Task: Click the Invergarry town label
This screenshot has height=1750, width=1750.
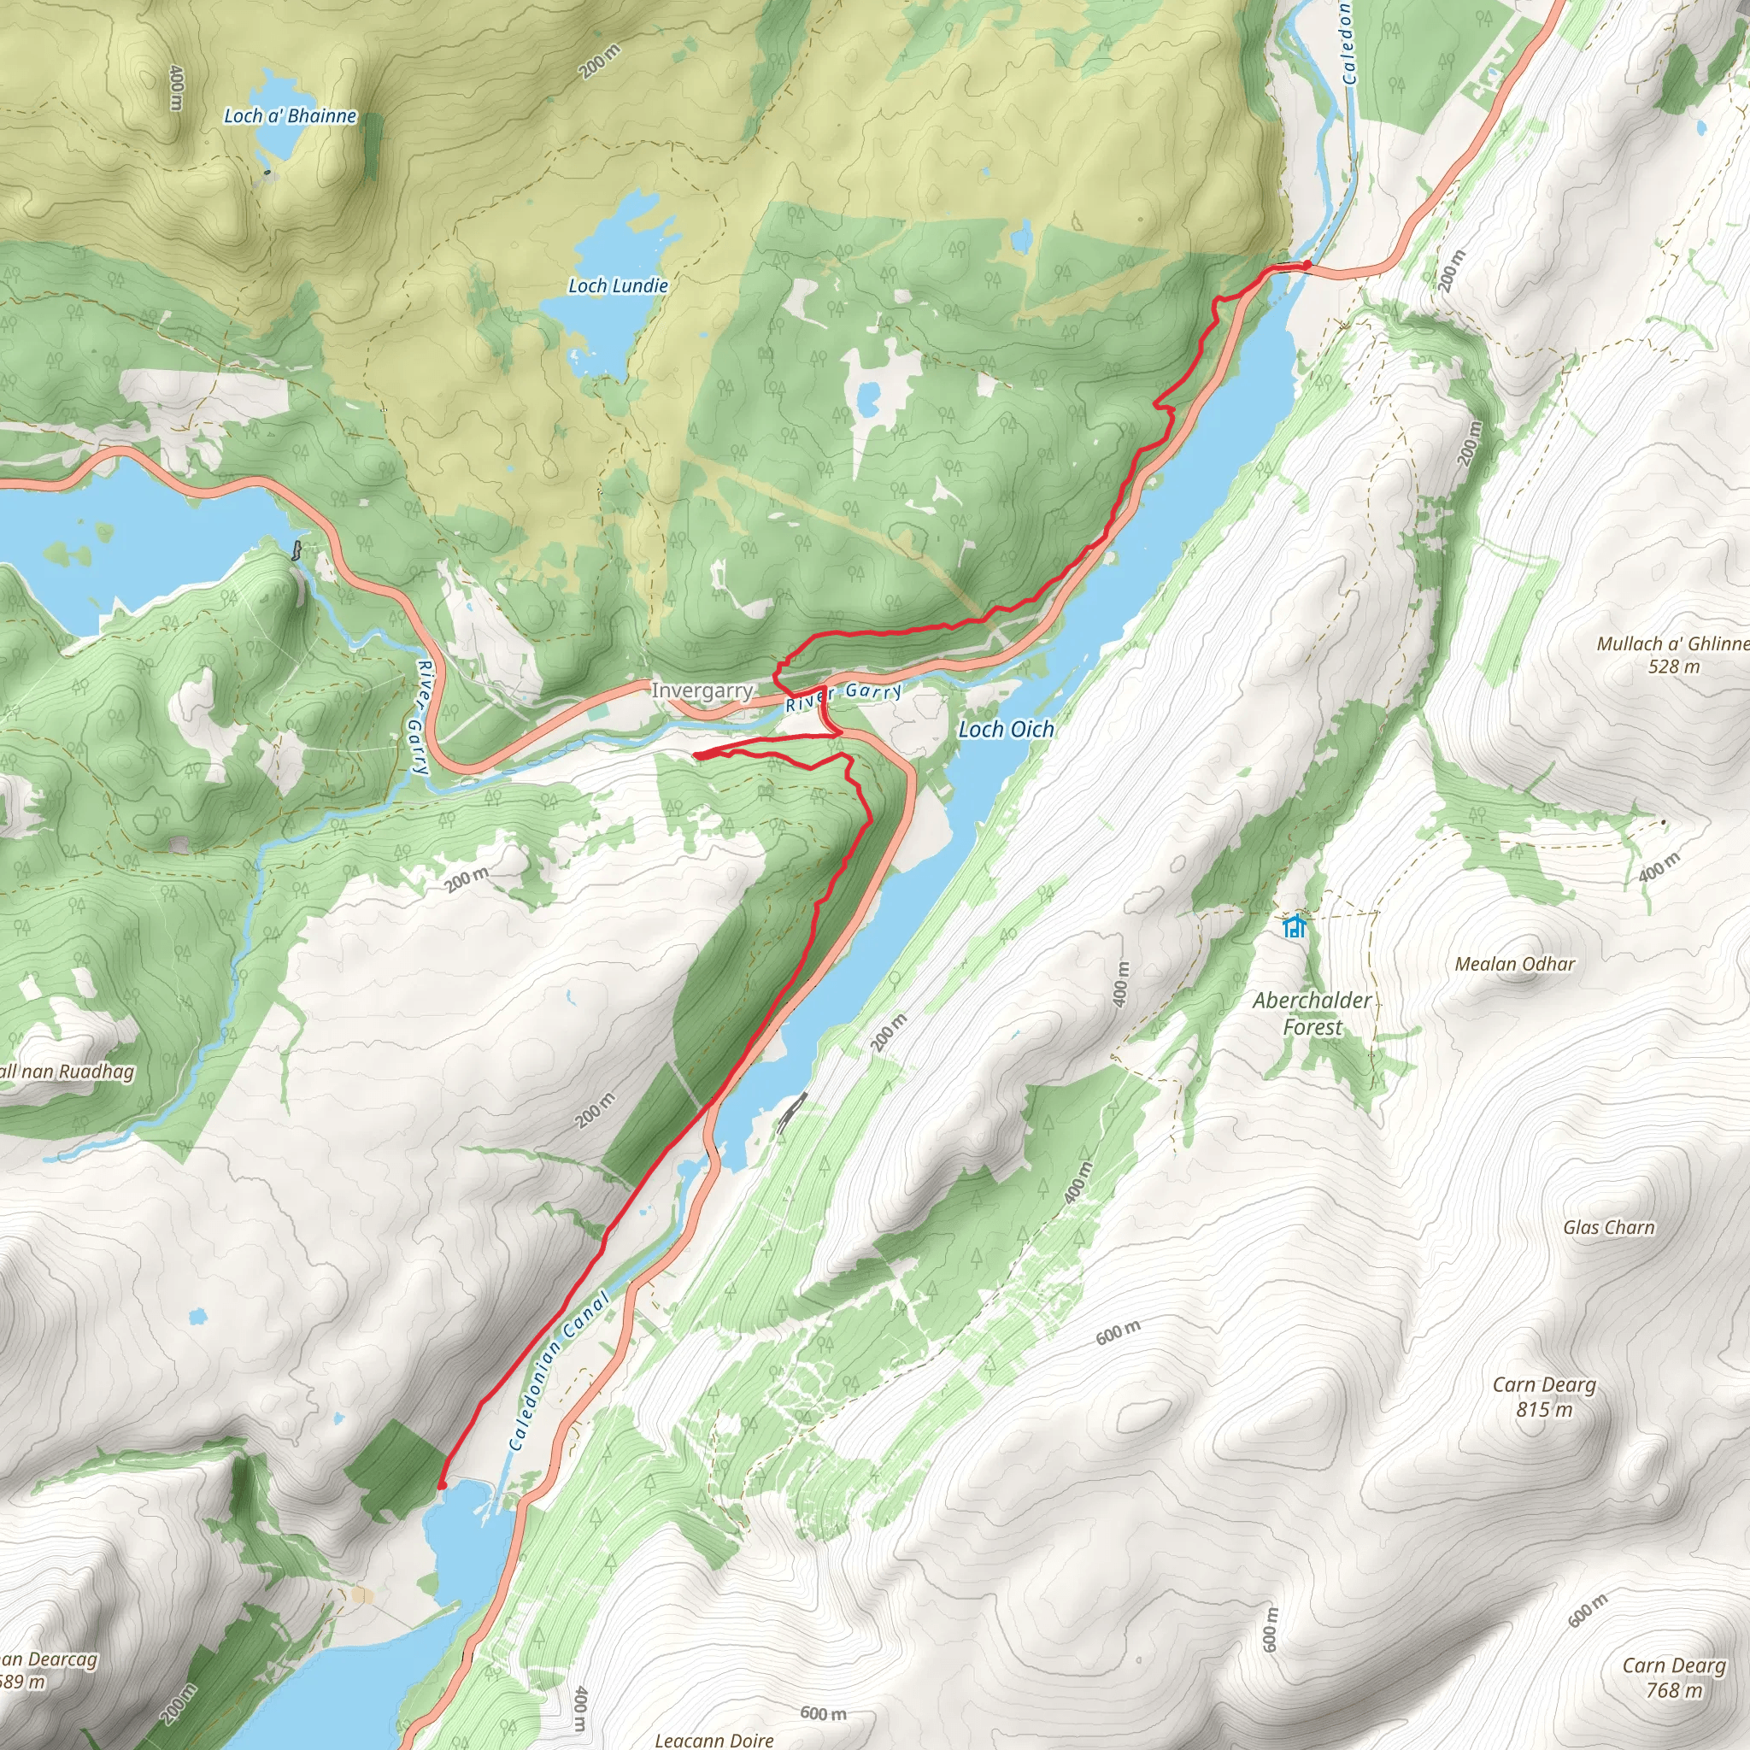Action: (702, 691)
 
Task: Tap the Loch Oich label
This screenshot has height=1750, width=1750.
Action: (1007, 729)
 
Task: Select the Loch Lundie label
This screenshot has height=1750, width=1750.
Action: (618, 286)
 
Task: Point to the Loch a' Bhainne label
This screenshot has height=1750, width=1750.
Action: (290, 116)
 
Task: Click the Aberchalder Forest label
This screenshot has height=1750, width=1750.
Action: (1312, 1013)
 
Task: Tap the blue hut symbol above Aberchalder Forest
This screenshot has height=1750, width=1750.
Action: (1295, 926)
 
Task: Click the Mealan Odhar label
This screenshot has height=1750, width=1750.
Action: (1514, 964)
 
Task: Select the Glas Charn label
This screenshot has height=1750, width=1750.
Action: (1608, 1227)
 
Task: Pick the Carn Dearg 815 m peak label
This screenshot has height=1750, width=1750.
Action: (1543, 1396)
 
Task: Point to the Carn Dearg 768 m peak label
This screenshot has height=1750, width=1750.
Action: (1673, 1677)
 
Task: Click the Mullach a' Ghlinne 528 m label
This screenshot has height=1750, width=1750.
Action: (1672, 654)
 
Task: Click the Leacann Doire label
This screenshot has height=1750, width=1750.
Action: (714, 1739)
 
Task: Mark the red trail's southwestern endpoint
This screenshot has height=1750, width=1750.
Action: (440, 1487)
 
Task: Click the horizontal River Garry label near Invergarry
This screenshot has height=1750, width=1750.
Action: (843, 696)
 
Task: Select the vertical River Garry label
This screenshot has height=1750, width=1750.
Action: (420, 718)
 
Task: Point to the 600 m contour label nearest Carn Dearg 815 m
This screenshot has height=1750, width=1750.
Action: (1118, 1332)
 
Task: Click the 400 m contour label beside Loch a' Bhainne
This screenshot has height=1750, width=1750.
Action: (177, 88)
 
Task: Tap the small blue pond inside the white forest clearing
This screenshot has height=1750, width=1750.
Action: (868, 396)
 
